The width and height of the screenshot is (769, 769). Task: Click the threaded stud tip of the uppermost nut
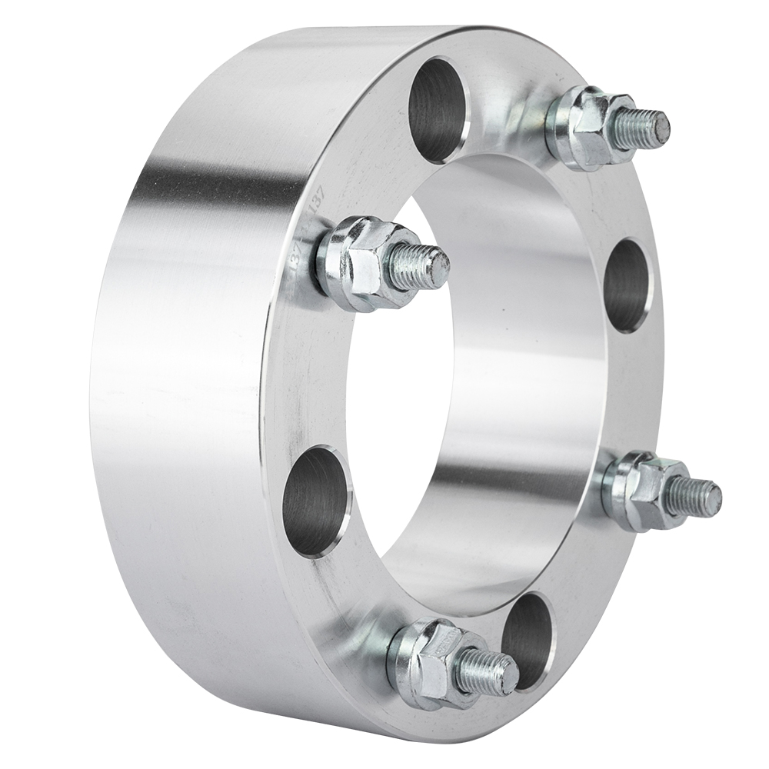[650, 128]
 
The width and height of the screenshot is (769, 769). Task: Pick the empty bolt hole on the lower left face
[316, 501]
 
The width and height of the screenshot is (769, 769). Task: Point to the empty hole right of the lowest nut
[529, 632]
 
